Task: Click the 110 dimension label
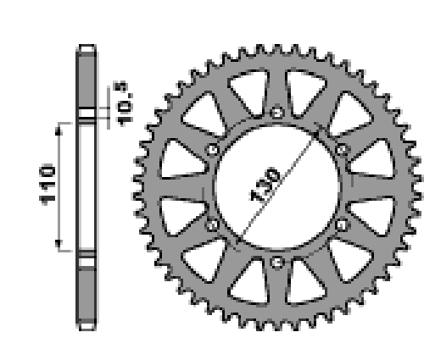47,185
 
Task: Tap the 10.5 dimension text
123,104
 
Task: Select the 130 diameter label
265,185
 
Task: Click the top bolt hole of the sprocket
276,113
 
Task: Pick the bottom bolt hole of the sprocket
277,263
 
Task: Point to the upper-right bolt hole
342,149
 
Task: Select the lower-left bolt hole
212,225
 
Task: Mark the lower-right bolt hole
342,225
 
